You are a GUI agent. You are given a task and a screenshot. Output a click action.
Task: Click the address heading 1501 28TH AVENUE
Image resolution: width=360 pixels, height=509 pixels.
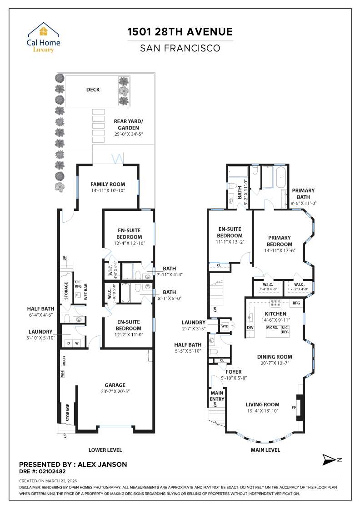180,31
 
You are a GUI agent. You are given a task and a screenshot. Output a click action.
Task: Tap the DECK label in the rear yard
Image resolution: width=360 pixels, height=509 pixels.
93,90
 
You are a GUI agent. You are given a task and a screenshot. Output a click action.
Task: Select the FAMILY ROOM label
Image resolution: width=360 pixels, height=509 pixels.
107,184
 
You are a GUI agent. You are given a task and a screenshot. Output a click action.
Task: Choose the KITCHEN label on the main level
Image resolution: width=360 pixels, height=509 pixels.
275,314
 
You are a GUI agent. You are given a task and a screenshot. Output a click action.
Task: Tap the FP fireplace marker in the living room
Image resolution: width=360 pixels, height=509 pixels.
294,408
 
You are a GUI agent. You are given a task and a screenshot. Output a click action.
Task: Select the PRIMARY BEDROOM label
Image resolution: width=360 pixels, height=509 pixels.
280,240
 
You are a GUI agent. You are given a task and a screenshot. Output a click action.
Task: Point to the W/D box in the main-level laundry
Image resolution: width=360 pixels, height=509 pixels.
224,326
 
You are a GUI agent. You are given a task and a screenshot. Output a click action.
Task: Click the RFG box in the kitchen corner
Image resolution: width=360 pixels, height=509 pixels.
296,303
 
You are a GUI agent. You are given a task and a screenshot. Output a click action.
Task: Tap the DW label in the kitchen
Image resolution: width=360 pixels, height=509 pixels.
250,327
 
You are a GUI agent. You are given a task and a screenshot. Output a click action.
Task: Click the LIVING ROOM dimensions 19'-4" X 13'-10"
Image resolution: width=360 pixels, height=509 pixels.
262,410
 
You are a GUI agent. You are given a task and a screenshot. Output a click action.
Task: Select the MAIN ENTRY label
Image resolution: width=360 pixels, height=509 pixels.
217,396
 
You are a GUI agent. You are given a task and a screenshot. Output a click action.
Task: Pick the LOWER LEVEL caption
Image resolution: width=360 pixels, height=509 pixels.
105,450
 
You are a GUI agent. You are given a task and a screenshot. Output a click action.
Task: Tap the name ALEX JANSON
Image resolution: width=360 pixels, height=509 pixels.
103,464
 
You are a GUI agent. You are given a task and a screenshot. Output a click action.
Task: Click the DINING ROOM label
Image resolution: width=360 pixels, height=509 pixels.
275,357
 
